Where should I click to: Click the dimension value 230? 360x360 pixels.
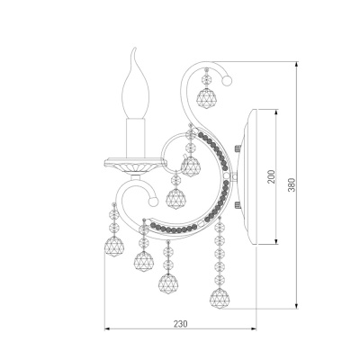coord(180,324)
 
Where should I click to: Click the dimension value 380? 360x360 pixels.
coord(292,185)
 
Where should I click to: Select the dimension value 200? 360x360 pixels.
coord(271,177)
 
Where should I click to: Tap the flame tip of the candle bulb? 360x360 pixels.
coord(135,49)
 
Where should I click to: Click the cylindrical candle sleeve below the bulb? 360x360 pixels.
coord(136,138)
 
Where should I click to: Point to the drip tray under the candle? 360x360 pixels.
coord(135,165)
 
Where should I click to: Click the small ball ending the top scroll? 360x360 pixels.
coord(227,81)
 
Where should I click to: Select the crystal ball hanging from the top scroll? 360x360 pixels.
coord(207,99)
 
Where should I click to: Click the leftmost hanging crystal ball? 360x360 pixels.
coord(114,247)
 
